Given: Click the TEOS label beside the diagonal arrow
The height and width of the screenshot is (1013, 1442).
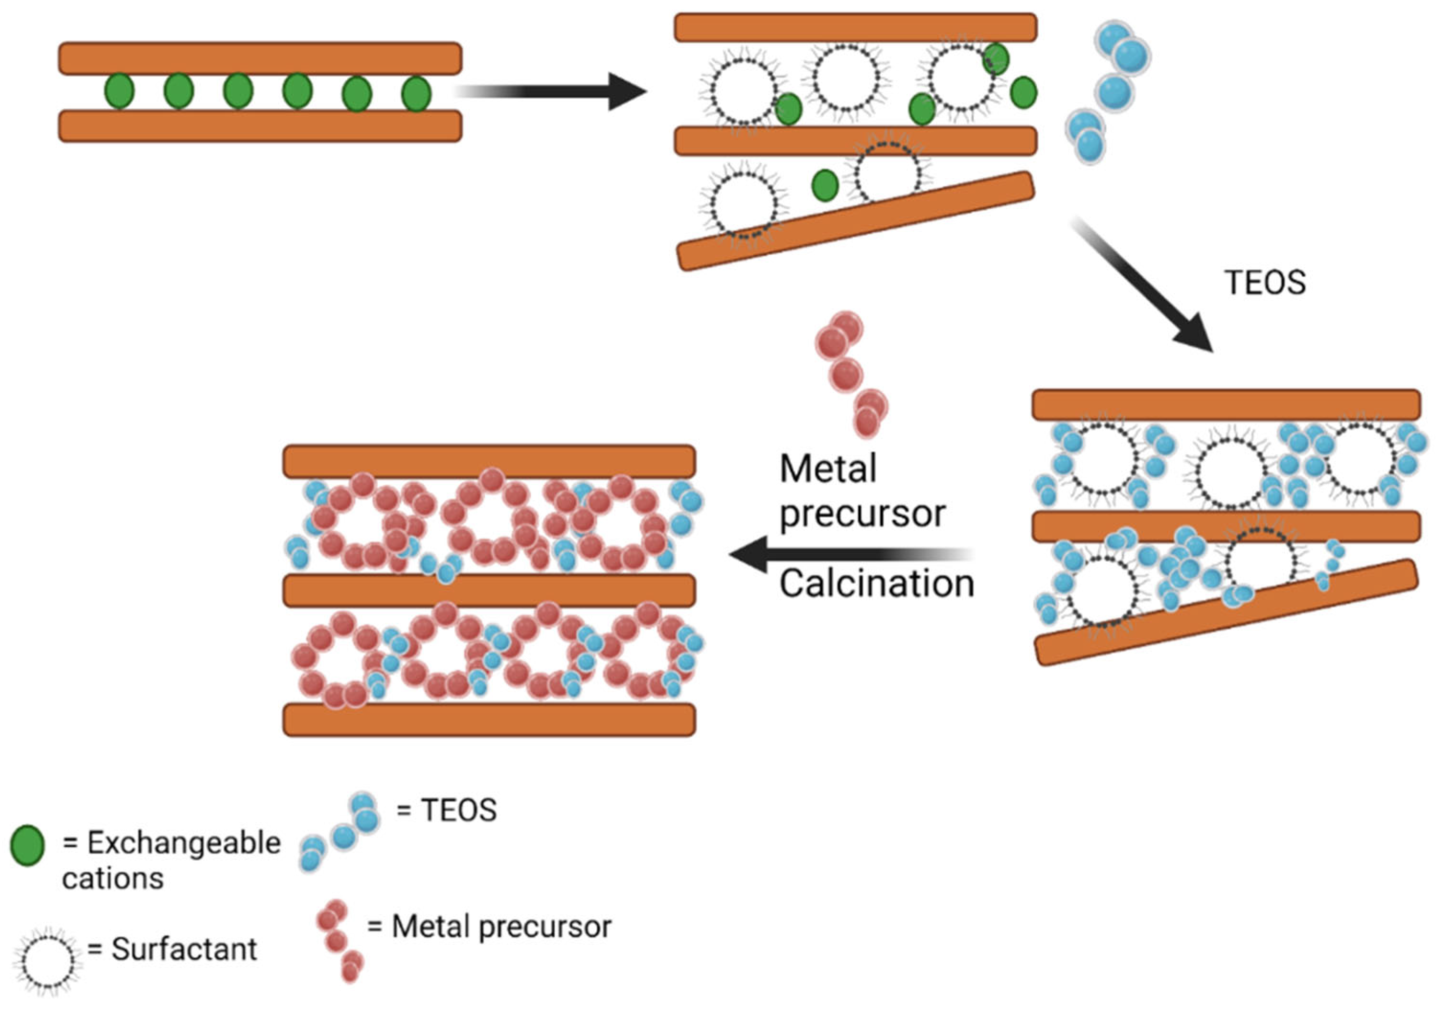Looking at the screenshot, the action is pos(1265,283).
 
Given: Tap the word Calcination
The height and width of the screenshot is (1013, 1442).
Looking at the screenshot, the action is pos(876,584).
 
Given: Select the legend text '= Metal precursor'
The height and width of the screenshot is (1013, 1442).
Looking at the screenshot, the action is pos(488,927).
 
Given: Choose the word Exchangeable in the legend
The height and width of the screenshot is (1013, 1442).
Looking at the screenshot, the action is pos(183,843).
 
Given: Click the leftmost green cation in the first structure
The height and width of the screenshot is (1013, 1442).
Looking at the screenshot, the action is pos(119,91).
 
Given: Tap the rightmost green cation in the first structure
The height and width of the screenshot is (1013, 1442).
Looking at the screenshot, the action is pos(416,94).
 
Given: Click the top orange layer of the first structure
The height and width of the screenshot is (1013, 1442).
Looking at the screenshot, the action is pos(260,58).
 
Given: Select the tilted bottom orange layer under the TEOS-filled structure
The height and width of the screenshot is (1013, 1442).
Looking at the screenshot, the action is pos(1225,612).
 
